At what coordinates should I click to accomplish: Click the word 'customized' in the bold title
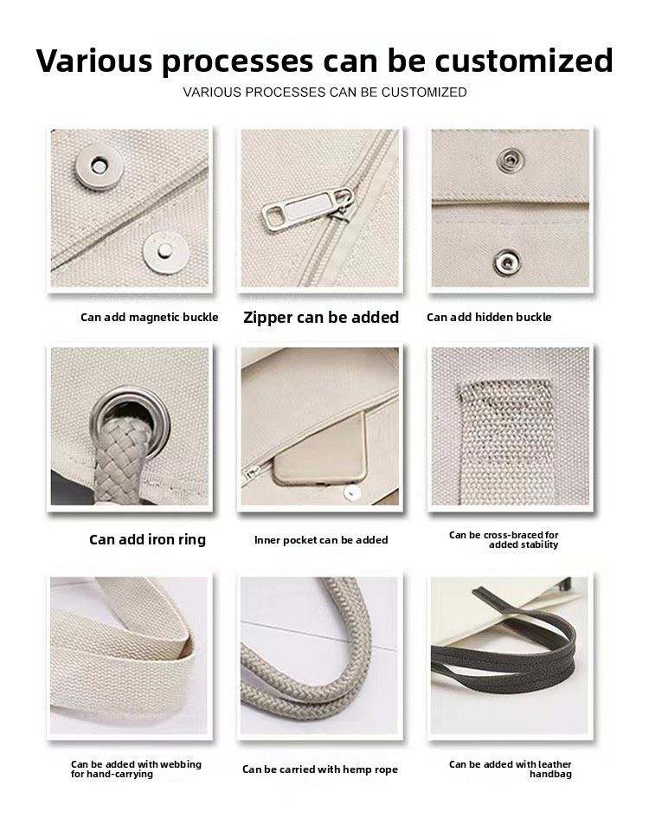coord(524,60)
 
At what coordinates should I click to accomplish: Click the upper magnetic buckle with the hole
coord(99,166)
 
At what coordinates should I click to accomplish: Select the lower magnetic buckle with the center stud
coord(165,252)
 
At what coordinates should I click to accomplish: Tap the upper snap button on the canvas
coord(510,160)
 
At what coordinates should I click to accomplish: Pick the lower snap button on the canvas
coord(507,261)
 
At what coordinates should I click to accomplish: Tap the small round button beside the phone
coord(351,492)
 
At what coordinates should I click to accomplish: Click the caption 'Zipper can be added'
coord(321,318)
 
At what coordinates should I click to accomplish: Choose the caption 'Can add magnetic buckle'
coord(149,318)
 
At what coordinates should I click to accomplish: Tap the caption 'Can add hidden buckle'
coord(489,318)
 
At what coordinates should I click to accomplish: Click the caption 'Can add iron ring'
coord(147,540)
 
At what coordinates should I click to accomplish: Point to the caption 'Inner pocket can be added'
coord(321,540)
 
